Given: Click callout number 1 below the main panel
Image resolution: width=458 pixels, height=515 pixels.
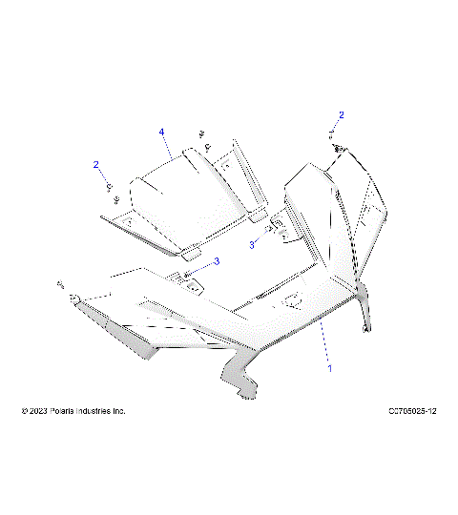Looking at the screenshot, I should (330, 365).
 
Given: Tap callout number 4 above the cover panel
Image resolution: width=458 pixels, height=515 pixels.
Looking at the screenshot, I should (162, 131).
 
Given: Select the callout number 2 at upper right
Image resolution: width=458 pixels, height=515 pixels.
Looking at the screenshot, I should (342, 115).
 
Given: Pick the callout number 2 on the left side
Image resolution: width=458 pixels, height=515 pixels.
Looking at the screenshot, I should (95, 165).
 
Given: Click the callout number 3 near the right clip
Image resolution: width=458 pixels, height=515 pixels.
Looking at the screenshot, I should (253, 245).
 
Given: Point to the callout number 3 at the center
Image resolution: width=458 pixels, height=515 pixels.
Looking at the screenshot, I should (217, 260).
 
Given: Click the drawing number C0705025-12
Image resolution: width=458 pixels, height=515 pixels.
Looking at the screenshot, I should (401, 411).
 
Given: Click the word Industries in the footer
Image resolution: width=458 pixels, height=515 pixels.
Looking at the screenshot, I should (101, 411).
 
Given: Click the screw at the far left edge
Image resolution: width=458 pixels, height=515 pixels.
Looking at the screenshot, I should (60, 284).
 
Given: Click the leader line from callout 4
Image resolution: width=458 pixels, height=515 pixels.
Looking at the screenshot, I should (168, 145).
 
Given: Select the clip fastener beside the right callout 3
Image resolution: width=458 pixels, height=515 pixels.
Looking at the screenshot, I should (273, 229).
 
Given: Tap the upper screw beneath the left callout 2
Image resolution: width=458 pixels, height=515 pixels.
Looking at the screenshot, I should (110, 185).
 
